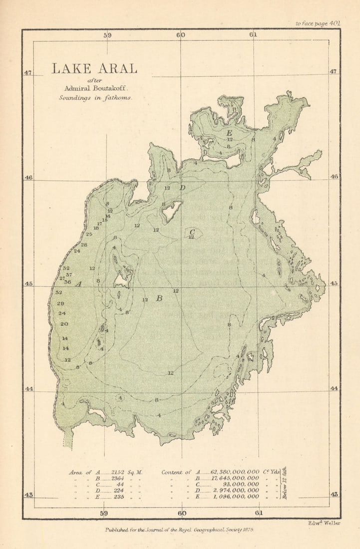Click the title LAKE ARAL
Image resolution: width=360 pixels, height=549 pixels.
point(94,69)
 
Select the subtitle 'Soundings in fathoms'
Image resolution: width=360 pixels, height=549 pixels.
point(95,98)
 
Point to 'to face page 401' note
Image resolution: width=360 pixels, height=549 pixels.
point(318,23)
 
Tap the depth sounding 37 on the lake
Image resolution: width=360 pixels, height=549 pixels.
point(68,274)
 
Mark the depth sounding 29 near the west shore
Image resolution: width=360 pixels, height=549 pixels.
point(60,303)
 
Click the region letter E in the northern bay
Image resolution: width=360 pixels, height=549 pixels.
point(229,133)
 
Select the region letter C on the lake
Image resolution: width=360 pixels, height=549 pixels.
point(192,231)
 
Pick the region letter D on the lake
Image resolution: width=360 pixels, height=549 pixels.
point(182,188)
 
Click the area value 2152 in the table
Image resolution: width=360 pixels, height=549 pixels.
point(117,472)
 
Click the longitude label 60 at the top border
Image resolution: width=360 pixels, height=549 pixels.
point(180,35)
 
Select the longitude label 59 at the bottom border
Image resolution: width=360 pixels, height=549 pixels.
point(104,513)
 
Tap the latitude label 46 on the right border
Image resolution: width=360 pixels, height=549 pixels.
point(334,177)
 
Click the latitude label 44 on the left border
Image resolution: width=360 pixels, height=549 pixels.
point(28,389)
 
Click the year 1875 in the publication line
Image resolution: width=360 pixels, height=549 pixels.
point(247,531)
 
